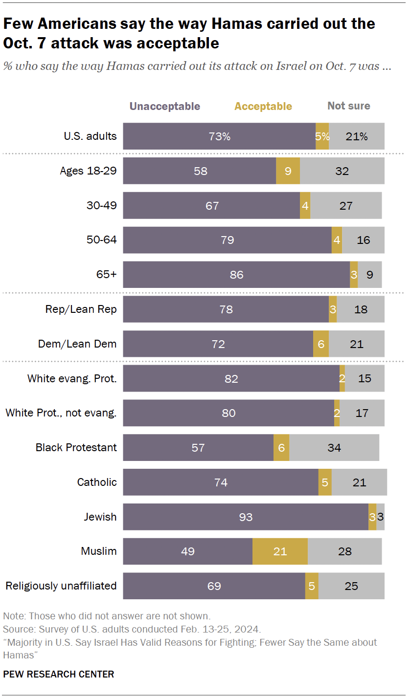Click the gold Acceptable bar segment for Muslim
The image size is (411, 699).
pos(280,551)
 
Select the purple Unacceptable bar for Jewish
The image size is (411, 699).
pos(245,517)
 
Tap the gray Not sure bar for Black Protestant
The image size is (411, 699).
pos(334,447)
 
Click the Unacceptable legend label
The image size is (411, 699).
pos(164,106)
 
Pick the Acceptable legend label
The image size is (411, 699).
pos(263,106)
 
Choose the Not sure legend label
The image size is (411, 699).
pos(349,106)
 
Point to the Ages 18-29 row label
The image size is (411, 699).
pos(88,171)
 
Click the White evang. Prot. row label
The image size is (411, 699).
pos(72,378)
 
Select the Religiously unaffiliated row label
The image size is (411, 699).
pos(61,586)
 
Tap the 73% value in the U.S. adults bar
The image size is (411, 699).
pos(220,136)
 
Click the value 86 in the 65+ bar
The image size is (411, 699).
pos(236,275)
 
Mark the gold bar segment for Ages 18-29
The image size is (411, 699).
pos(288,171)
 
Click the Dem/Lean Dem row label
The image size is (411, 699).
pos(77,344)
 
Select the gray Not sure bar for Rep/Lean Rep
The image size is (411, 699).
pos(361,309)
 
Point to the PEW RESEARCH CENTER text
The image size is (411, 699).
pos(59,674)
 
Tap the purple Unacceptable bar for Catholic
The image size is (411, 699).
pos(220,482)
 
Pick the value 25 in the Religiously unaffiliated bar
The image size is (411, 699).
pos(351,586)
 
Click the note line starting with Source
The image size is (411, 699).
pos(132,629)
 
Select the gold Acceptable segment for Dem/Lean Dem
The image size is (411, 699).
pos(320,344)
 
